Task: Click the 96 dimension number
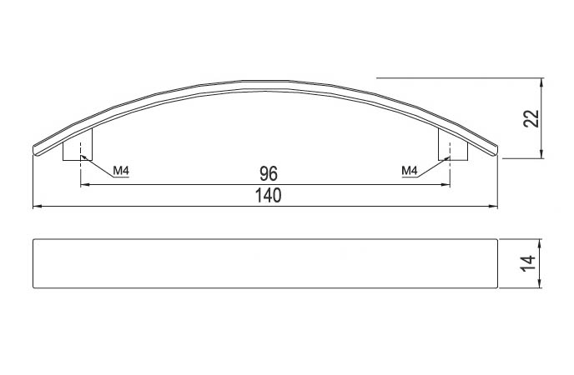pyautogui.click(x=269, y=174)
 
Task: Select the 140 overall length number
pyautogui.click(x=269, y=196)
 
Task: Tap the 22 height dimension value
pyautogui.click(x=531, y=118)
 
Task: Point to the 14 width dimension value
pyautogui.click(x=528, y=264)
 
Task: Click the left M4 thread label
pyautogui.click(x=121, y=170)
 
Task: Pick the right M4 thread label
pyautogui.click(x=410, y=170)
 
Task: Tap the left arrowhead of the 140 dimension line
pyautogui.click(x=37, y=207)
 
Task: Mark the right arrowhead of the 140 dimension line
pyautogui.click(x=494, y=207)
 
